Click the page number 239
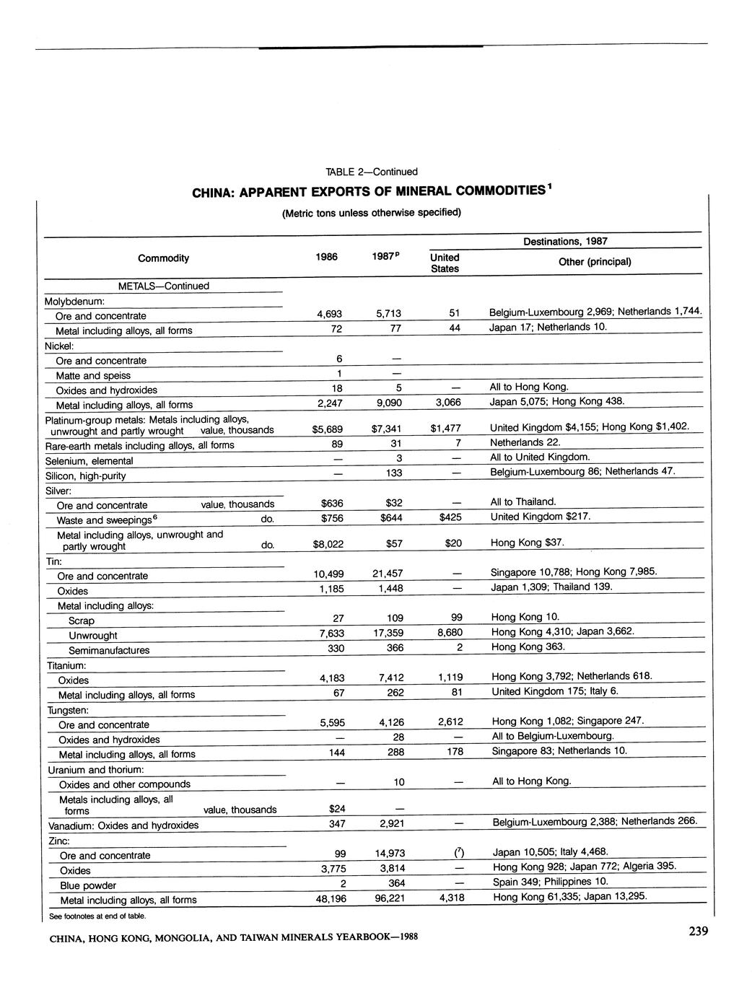(698, 932)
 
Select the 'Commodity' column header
(164, 258)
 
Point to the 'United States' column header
(445, 263)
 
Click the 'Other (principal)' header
(595, 261)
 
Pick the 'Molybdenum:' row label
(75, 301)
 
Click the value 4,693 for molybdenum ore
(329, 315)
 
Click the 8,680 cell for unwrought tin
(450, 633)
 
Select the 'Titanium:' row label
(67, 665)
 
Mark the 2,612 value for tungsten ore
(450, 722)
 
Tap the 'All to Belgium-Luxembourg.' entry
(553, 736)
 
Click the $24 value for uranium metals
(336, 808)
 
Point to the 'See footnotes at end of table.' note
(97, 916)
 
